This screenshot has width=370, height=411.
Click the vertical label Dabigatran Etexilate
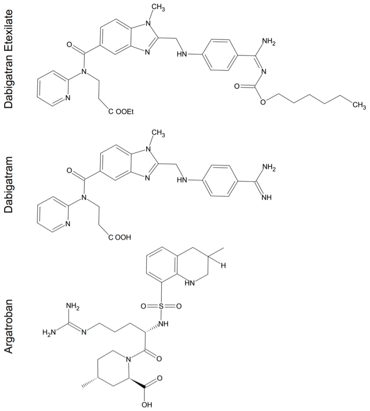click(9, 59)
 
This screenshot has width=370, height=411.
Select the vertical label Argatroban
click(9, 327)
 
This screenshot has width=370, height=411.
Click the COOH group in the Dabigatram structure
click(119, 238)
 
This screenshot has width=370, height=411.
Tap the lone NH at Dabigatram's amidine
click(267, 198)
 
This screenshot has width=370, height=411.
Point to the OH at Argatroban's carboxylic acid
click(147, 404)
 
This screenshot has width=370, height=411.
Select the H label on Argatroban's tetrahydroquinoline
click(223, 266)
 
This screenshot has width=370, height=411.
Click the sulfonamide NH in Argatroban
click(164, 323)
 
